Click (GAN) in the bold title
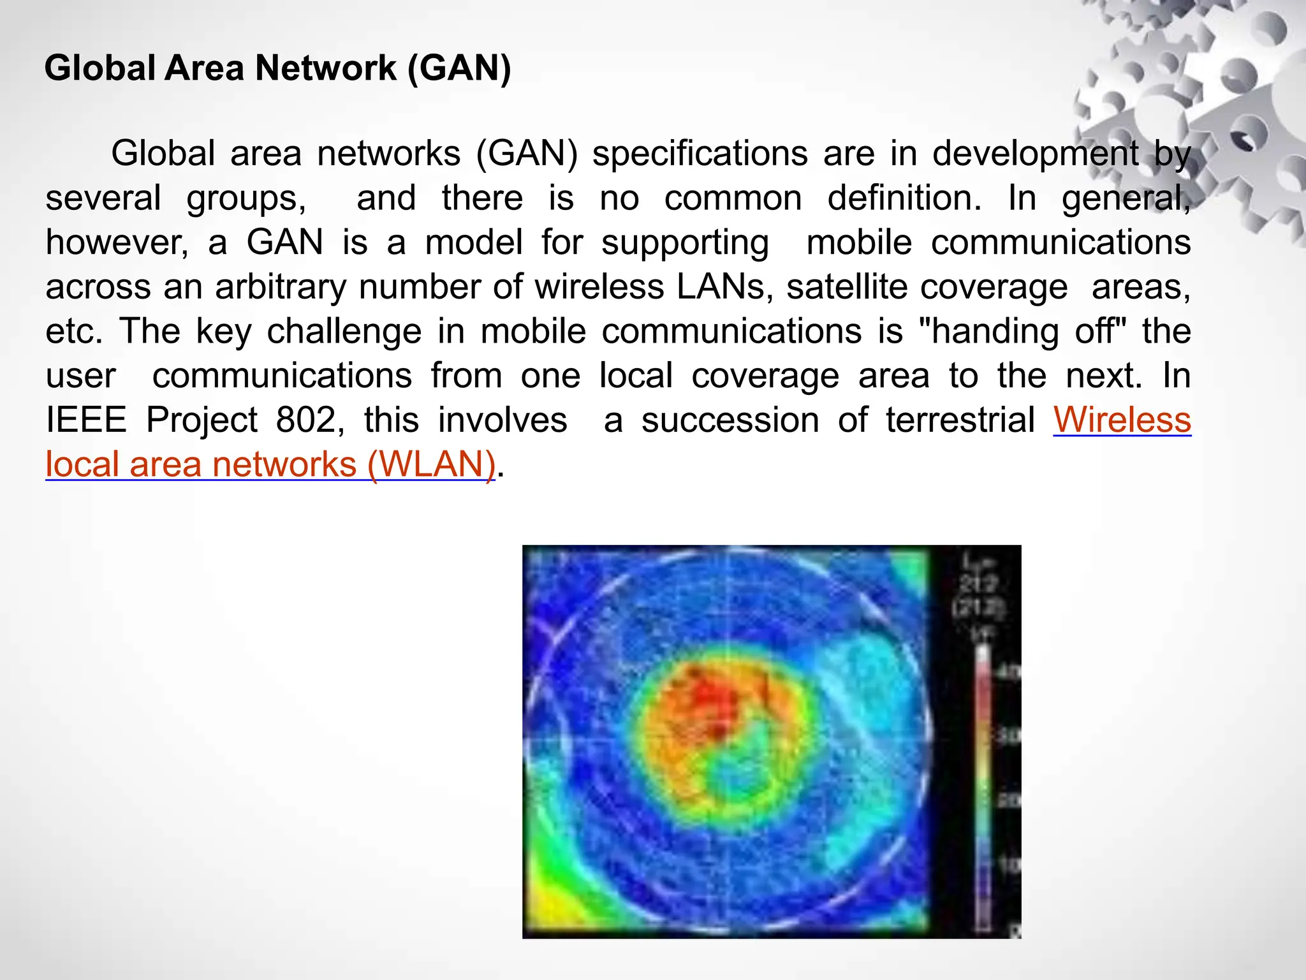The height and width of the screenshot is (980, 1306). tap(459, 68)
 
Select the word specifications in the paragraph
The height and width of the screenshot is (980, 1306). tap(700, 154)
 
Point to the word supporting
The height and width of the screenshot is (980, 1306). tap(685, 242)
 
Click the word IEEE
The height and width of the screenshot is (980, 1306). tap(86, 420)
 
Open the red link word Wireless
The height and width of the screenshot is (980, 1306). tap(1122, 420)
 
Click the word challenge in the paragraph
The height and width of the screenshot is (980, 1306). tap(344, 331)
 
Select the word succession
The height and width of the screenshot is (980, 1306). tap(730, 420)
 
